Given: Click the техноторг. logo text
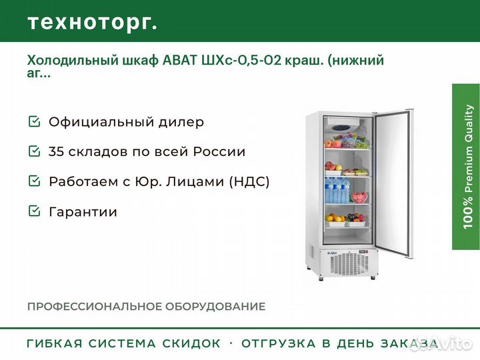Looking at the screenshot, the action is (93, 23).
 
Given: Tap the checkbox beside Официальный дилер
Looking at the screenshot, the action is (34, 121).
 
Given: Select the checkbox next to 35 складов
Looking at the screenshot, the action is (34, 151).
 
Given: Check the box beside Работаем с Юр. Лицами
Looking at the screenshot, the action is (34, 181).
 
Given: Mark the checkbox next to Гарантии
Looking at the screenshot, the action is (34, 211).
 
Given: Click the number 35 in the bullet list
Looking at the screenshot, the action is (56, 151).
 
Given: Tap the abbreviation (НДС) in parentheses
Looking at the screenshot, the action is (249, 181).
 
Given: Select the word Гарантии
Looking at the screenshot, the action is (83, 212).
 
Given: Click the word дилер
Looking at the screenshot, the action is (181, 122).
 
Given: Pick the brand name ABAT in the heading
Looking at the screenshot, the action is (180, 60).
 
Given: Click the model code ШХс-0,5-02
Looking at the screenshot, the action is (241, 60).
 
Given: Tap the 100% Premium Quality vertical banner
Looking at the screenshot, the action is (466, 167).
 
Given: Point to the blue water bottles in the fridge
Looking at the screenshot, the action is (337, 191).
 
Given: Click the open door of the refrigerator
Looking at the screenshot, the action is (394, 184).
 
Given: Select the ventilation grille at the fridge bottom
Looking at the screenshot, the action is (348, 264).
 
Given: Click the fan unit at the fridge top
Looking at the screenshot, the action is (343, 124).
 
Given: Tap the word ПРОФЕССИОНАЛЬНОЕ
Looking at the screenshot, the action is (94, 307).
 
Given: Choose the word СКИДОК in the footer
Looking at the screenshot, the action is (191, 343).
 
